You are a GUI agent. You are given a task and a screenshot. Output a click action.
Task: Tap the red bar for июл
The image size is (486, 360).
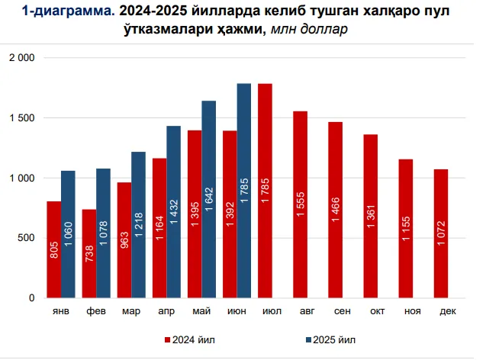click(266, 191)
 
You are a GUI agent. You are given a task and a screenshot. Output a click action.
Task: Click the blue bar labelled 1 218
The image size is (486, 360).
click(138, 224)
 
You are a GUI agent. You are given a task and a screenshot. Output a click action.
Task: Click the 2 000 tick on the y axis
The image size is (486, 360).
click(21, 58)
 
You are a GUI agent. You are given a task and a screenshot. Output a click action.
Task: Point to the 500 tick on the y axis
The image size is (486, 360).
click(27, 238)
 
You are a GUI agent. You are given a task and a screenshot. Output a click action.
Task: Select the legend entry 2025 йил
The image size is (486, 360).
click(332, 339)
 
